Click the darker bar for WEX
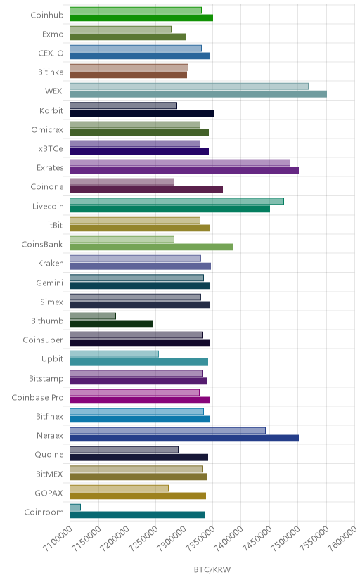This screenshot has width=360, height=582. point(198,94)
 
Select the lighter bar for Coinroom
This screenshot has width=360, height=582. point(75,507)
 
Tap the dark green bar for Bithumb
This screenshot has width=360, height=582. point(111,323)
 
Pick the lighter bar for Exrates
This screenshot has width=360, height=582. point(180,162)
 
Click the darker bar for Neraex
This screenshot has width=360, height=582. point(184,439)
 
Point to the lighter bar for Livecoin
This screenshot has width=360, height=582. point(176,201)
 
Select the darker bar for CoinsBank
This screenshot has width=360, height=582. point(151,247)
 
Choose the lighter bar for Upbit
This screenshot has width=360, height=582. point(115,354)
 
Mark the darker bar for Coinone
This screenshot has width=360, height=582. point(146,190)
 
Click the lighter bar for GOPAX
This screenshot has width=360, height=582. point(119,488)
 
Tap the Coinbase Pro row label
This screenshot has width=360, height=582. point(37,398)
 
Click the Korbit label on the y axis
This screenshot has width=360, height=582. point(51,110)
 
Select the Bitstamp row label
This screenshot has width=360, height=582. point(46,379)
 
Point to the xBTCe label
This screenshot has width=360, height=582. point(51,148)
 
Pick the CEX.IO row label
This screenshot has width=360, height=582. point(51,53)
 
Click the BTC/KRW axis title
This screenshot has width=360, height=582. point(212,570)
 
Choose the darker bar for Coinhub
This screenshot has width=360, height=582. point(141,18)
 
